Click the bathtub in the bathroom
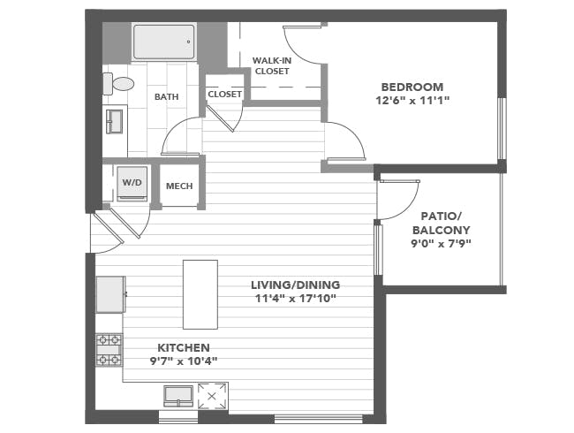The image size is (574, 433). tap(163, 42)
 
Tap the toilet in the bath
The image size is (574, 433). tap(118, 84)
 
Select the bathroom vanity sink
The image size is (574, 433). tap(114, 121)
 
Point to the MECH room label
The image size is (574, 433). tap(179, 186)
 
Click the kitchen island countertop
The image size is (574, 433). tap(200, 294)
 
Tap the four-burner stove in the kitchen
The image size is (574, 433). tap(109, 350)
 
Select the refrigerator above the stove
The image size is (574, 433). tap(111, 294)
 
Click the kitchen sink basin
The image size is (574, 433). tap(178, 396)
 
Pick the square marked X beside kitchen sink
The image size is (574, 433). tap(212, 396)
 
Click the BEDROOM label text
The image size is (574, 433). tap(412, 87)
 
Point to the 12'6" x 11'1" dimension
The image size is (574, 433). tap(412, 101)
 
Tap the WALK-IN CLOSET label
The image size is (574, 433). tap(272, 66)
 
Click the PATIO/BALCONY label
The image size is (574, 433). tap(442, 223)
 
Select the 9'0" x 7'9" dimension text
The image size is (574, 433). tap(442, 244)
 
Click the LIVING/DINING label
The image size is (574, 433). tap(296, 285)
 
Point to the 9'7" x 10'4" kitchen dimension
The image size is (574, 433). tap(184, 361)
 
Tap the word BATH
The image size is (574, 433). tap(167, 97)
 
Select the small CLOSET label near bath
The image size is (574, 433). tap(225, 95)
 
